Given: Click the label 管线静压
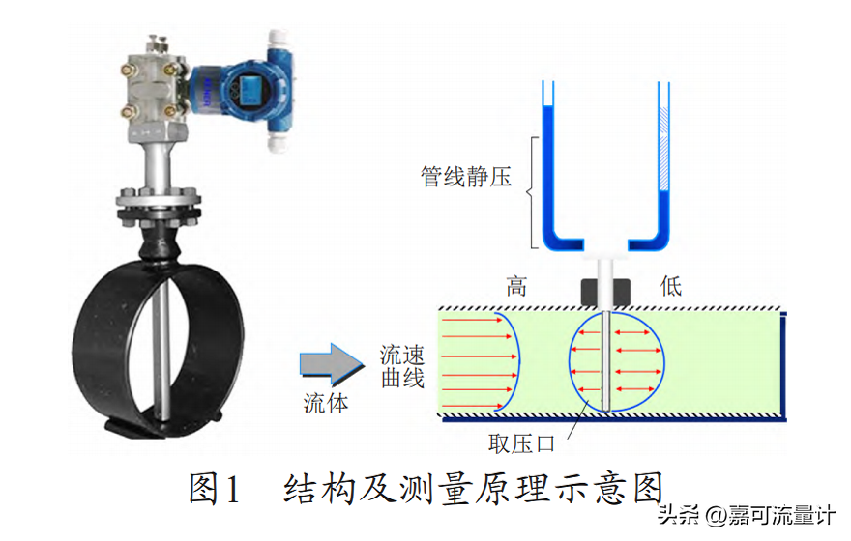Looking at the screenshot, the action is point(466,177).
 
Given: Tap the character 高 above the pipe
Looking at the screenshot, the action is point(516,286).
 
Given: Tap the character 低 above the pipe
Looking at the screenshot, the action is point(671,286).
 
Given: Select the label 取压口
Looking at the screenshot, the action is point(521,444).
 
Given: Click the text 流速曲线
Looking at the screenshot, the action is point(402,367).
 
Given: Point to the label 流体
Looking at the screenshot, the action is point(326,403).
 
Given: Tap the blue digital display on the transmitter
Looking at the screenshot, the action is point(250,89).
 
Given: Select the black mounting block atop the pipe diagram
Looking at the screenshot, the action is point(605,293).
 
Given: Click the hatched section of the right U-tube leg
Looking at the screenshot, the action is point(663,149).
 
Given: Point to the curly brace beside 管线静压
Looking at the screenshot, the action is point(533,192).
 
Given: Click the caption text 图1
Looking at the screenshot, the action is point(214,489).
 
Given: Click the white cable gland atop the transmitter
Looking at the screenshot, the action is point(279,41).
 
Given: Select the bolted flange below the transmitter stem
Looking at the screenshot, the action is point(159,208).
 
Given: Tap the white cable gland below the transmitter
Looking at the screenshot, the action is point(279,142).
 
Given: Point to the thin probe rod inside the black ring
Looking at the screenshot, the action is point(161,353).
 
